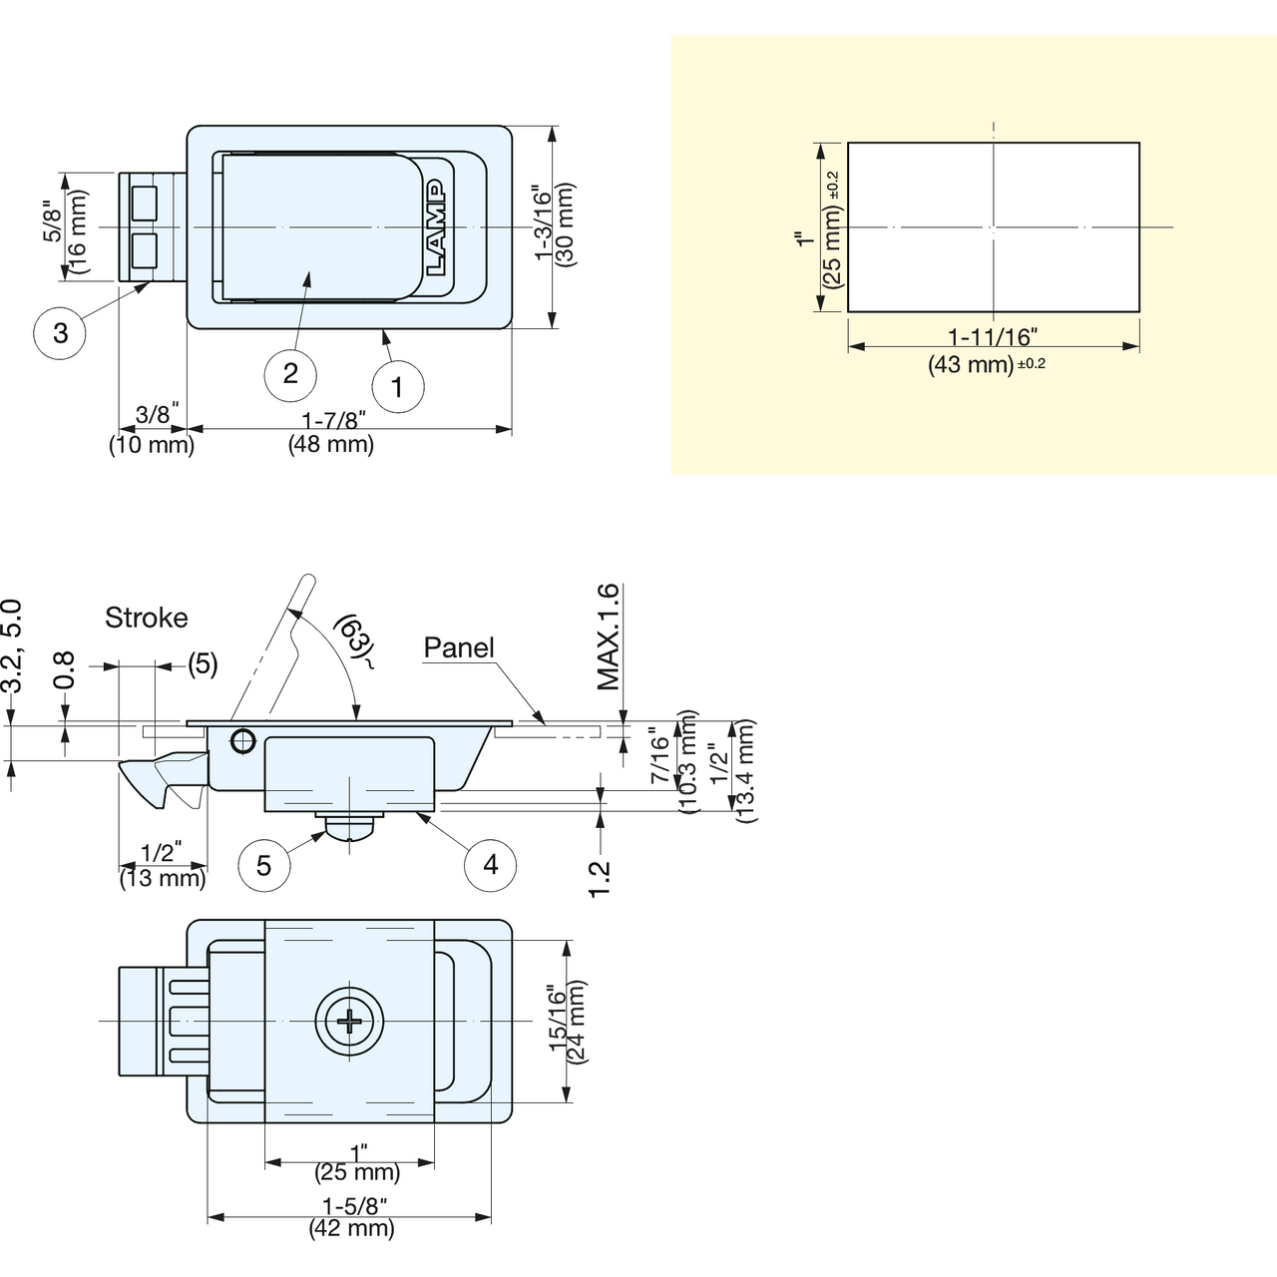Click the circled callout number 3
(60, 332)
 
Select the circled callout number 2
(290, 374)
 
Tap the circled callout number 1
(398, 386)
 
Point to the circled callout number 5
(263, 866)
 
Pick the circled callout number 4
(491, 864)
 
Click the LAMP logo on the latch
(436, 227)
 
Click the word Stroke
(147, 618)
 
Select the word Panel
(459, 647)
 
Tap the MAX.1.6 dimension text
(608, 637)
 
